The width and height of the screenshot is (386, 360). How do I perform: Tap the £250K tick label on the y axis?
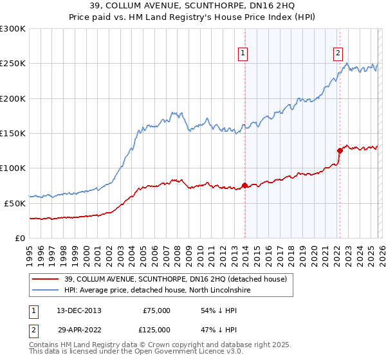(13, 64)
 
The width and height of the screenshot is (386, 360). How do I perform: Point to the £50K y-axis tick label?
(15, 203)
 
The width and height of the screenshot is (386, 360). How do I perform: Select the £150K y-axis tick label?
(13, 133)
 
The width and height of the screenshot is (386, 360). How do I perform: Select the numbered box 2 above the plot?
(338, 53)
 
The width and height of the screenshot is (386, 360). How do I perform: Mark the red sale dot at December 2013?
(244, 186)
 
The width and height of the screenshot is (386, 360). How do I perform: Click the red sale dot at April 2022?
(339, 151)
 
